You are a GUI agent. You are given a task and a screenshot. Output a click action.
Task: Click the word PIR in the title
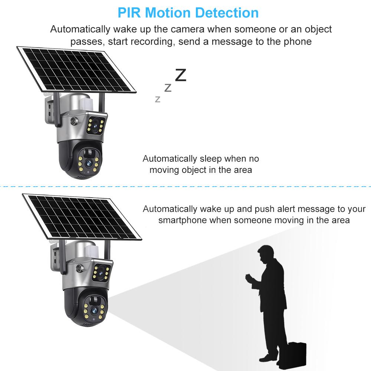(129, 13)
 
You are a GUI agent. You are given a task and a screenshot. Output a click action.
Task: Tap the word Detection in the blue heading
(227, 13)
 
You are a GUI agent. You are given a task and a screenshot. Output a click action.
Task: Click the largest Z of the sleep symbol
(180, 75)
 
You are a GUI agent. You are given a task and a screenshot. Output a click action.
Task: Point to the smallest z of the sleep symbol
(158, 99)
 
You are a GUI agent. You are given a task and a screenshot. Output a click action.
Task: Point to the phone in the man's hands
(247, 278)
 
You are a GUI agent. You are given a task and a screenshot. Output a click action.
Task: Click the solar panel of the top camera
(76, 70)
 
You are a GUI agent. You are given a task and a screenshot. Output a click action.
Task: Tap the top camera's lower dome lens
(89, 163)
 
